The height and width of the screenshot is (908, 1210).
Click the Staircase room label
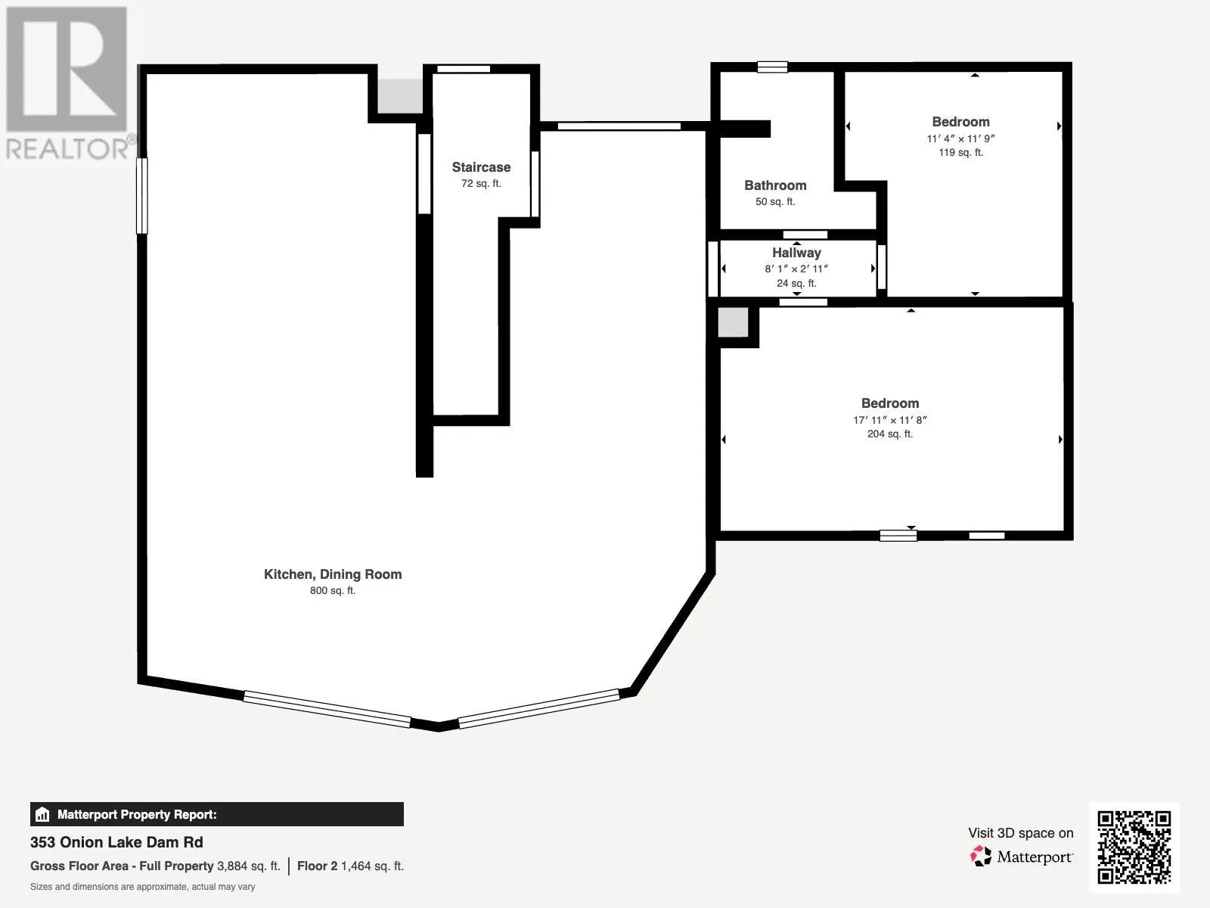[x=481, y=167]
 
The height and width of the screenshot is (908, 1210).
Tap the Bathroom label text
[x=775, y=185]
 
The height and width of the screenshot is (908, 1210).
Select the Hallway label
[x=796, y=253]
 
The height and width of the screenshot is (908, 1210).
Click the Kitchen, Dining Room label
[x=333, y=574]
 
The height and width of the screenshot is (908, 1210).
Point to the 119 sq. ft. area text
[x=961, y=153]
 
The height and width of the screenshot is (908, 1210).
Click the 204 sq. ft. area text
[x=889, y=434]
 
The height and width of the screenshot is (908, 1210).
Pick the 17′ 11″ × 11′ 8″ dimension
[x=889, y=420]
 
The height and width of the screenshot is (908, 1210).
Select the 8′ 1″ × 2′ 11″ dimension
[x=796, y=269]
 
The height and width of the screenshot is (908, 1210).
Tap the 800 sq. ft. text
[x=333, y=591]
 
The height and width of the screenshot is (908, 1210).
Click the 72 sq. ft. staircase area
[x=481, y=184]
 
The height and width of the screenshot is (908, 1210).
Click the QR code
[x=1134, y=847]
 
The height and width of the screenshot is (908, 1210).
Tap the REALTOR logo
[x=68, y=82]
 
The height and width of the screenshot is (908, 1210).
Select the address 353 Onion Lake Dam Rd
[x=116, y=842]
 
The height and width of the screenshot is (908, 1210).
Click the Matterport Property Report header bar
[x=216, y=814]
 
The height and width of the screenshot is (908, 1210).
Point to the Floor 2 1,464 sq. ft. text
[x=351, y=866]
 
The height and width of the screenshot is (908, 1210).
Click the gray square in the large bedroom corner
[x=733, y=322]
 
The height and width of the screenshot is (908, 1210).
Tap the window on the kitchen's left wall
[x=141, y=196]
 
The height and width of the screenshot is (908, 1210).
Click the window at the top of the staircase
[x=464, y=69]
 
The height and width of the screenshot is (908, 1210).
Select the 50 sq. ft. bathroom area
[x=775, y=202]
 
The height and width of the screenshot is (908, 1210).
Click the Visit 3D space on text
[x=1020, y=833]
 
